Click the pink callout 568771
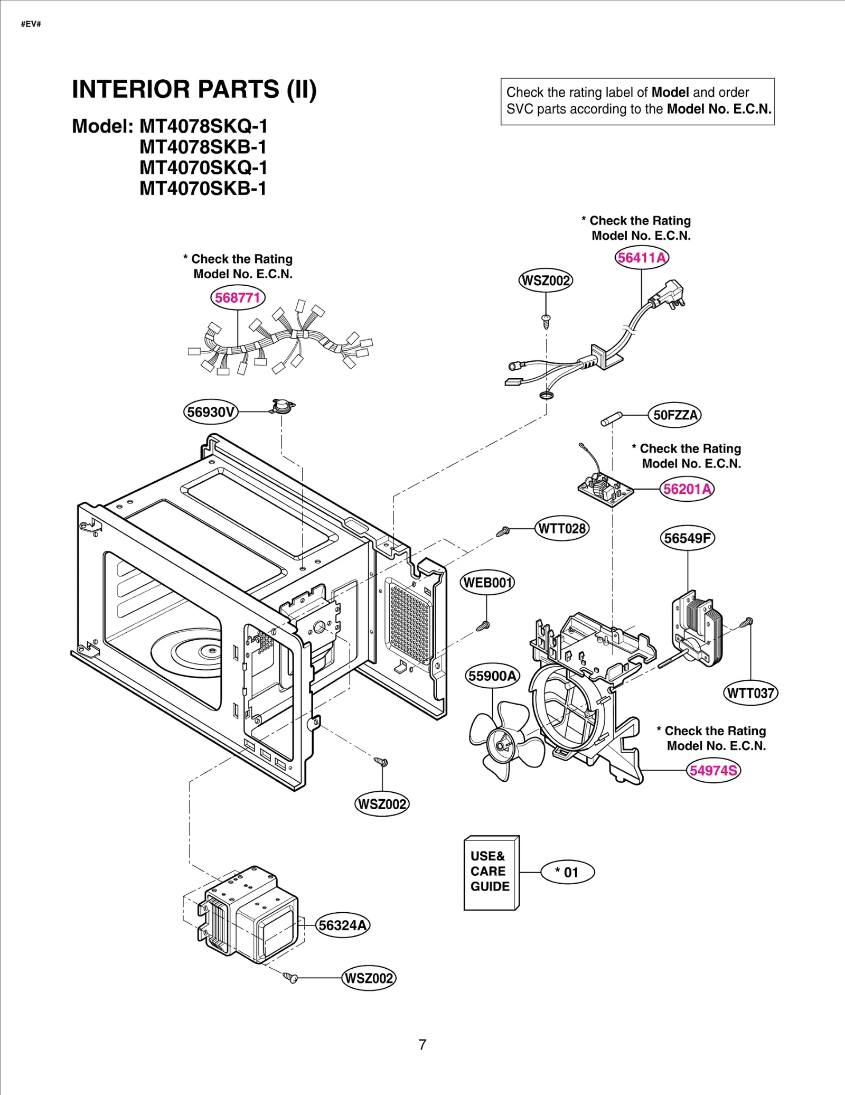point(238,298)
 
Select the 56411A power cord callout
point(642,258)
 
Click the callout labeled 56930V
point(211,412)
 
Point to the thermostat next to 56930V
point(282,406)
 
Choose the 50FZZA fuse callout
point(675,415)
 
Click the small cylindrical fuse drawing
point(612,419)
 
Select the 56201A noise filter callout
point(687,489)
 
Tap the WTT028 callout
point(561,529)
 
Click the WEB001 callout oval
point(487,583)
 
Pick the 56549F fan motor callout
point(687,538)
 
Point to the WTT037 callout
point(750,693)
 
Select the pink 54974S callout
point(713,771)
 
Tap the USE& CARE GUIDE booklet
point(491,873)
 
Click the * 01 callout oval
point(567,872)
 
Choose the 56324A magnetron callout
point(342,925)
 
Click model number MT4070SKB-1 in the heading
point(203,189)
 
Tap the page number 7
point(422,1044)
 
